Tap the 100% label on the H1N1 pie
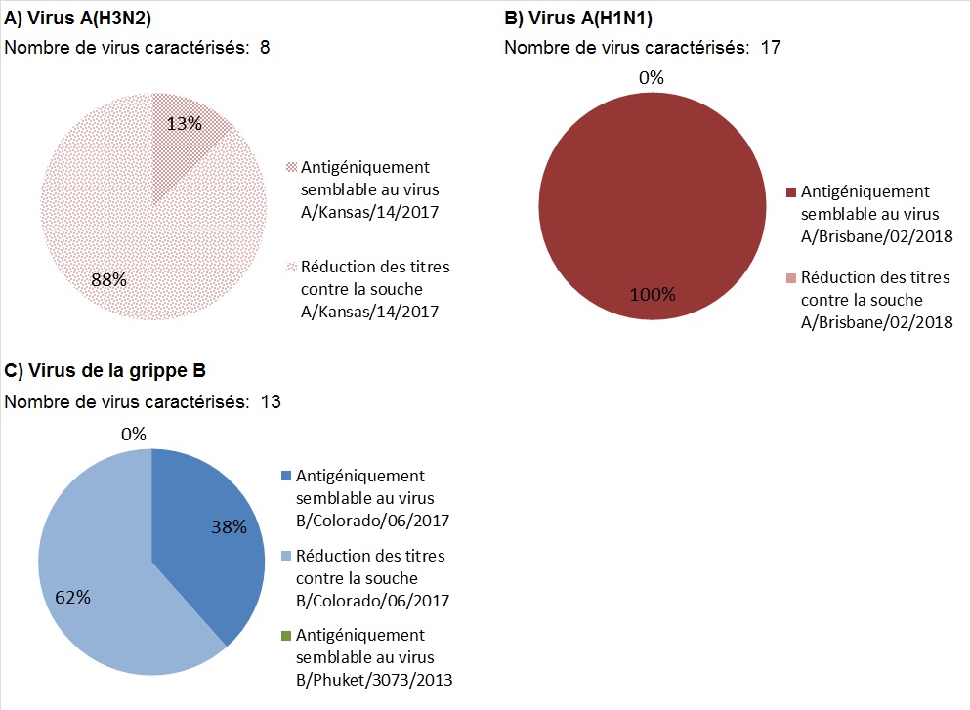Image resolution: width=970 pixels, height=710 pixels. pyautogui.click(x=652, y=294)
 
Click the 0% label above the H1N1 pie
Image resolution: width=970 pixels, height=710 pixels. pyautogui.click(x=652, y=78)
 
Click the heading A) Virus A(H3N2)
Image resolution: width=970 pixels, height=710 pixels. pyautogui.click(x=78, y=18)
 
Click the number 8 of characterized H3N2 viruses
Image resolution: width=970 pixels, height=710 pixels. pyautogui.click(x=265, y=48)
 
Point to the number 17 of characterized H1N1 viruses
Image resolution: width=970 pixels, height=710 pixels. pyautogui.click(x=770, y=48)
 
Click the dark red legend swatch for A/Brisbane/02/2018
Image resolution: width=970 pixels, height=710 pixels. pyautogui.click(x=790, y=192)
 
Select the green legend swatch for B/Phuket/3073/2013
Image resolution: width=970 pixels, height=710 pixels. pyautogui.click(x=286, y=636)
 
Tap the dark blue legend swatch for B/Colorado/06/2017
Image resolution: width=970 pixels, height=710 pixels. pyautogui.click(x=286, y=477)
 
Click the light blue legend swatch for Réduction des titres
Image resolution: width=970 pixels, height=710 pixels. pyautogui.click(x=286, y=557)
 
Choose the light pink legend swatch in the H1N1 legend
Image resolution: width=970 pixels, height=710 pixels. pyautogui.click(x=790, y=279)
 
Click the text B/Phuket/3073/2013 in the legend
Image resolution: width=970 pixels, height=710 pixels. pyautogui.click(x=372, y=680)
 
